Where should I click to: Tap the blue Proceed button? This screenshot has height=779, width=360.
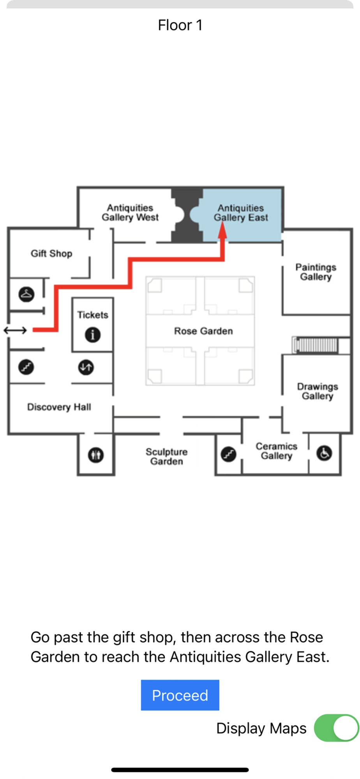(x=180, y=695)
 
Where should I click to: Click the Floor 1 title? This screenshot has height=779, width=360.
(x=180, y=25)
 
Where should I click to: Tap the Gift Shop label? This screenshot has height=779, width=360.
(x=51, y=254)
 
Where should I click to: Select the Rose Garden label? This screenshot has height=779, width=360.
(x=203, y=331)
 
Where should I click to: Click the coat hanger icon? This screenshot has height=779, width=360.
(x=26, y=294)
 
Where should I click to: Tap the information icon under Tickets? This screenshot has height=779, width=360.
(x=93, y=335)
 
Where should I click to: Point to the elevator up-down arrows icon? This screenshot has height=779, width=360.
(x=86, y=367)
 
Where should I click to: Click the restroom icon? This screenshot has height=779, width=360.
(x=96, y=455)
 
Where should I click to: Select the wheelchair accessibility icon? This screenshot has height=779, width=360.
(x=324, y=453)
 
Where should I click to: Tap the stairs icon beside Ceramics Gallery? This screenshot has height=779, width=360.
(x=229, y=454)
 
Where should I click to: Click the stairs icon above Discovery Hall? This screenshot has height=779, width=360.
(x=26, y=367)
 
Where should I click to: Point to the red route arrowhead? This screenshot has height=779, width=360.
(x=222, y=230)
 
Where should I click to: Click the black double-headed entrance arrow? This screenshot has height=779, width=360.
(x=15, y=330)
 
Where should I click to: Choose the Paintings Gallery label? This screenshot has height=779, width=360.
(x=316, y=272)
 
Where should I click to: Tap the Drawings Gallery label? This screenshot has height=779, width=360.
(x=318, y=391)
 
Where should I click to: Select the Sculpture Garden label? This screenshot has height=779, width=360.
(x=166, y=456)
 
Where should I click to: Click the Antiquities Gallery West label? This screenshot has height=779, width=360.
(x=130, y=212)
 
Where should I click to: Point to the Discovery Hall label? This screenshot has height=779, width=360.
(x=59, y=407)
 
